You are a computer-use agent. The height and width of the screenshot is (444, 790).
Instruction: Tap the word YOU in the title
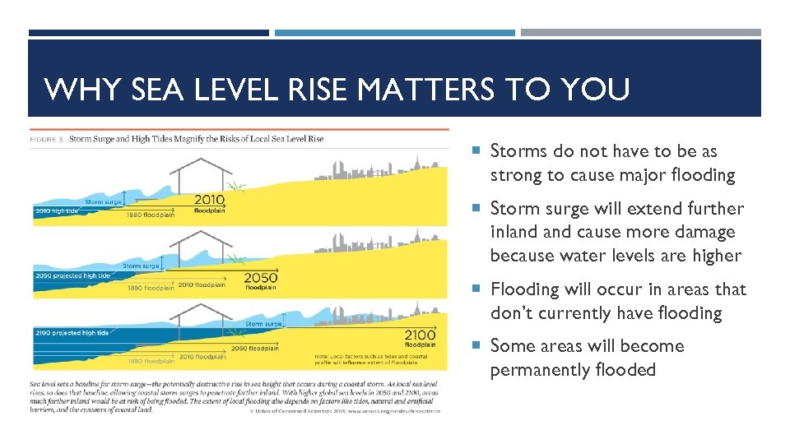pos(600,89)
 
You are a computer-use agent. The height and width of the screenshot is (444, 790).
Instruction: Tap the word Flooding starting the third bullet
pos(525,289)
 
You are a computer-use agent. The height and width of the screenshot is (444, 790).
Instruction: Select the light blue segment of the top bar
pos(394,33)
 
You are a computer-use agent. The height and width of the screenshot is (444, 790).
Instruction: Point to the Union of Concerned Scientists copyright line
pos(345,409)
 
